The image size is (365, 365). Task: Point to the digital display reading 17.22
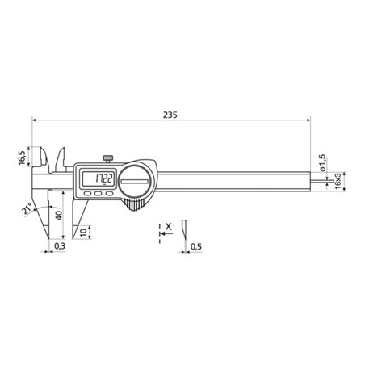click(100, 178)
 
